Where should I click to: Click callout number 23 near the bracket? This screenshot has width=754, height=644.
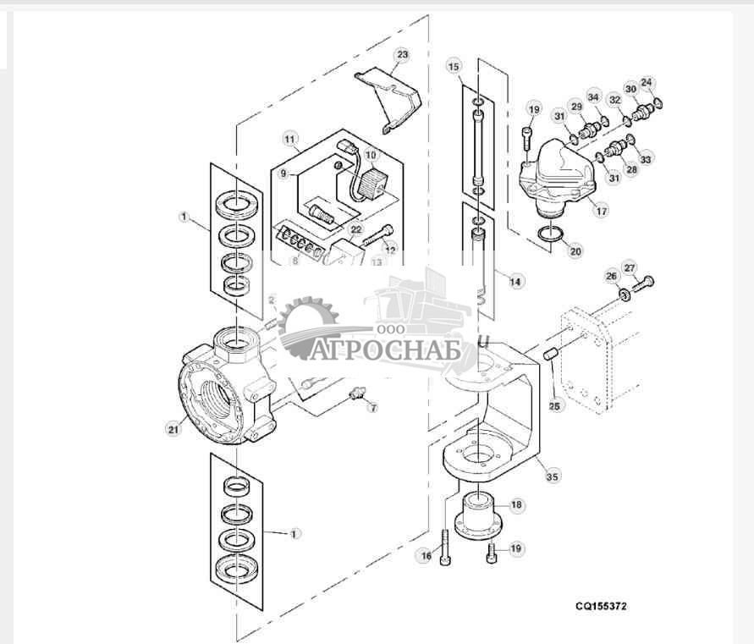click(401, 55)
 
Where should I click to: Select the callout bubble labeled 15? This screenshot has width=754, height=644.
click(454, 66)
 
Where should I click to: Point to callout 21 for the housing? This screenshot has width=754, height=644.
click(173, 429)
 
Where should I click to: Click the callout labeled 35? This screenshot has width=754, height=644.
click(552, 477)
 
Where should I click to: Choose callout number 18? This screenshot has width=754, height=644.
click(516, 505)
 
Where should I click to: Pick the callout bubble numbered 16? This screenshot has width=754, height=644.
click(425, 555)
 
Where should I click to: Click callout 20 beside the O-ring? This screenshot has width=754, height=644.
click(575, 250)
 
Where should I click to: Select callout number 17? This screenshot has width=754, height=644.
click(601, 212)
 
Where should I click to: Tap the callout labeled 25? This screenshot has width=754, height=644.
click(554, 406)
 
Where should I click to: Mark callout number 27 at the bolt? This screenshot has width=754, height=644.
click(630, 268)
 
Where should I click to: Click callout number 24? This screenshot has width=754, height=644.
click(647, 82)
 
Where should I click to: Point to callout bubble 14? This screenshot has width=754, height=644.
click(515, 279)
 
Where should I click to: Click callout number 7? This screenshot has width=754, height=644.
click(369, 409)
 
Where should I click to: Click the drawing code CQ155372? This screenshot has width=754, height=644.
click(602, 606)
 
